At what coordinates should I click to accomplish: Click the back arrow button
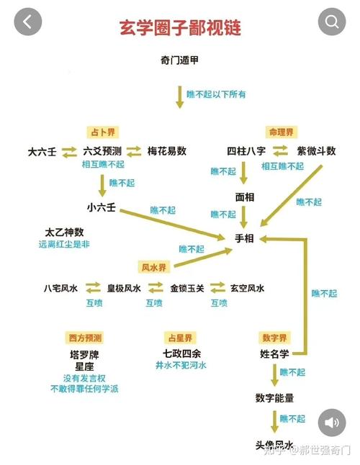tap(28, 22)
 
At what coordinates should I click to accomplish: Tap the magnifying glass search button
tap(332, 22)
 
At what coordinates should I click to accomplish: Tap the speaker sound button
tap(332, 423)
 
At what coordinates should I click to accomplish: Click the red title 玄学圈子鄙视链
tap(180, 28)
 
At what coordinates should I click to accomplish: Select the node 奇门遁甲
tap(179, 60)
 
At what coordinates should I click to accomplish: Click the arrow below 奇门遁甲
tap(180, 97)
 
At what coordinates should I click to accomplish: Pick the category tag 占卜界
tap(103, 132)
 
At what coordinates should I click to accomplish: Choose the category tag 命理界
tap(281, 132)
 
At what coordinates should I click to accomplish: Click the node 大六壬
tap(42, 152)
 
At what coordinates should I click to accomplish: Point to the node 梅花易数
tap(167, 151)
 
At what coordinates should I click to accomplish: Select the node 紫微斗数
tap(316, 151)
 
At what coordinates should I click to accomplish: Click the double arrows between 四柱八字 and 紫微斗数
tap(281, 150)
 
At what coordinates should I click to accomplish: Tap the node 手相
tap(244, 238)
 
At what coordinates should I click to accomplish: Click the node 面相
tap(245, 197)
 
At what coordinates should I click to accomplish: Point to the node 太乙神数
tap(64, 232)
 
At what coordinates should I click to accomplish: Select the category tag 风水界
tap(154, 268)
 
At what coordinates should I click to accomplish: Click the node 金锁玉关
tap(187, 288)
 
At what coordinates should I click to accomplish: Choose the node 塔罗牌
tap(84, 355)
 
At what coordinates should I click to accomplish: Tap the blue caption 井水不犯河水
tap(181, 365)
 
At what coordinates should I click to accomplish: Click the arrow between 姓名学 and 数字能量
tap(274, 375)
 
